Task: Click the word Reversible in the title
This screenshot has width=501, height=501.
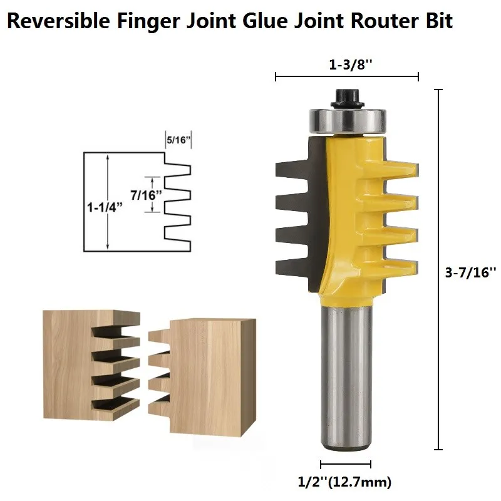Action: (x=58, y=21)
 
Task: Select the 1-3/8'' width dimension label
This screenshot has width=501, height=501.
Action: (x=351, y=65)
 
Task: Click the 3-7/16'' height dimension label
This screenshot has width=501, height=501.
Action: (x=471, y=272)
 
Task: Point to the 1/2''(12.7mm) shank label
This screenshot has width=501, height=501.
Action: (x=345, y=482)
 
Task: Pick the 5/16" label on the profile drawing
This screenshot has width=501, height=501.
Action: (x=178, y=140)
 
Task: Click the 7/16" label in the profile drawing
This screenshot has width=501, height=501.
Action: (x=146, y=195)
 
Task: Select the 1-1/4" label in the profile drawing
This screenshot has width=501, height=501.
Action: (x=105, y=207)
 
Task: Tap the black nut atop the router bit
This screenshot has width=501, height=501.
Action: (x=348, y=99)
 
